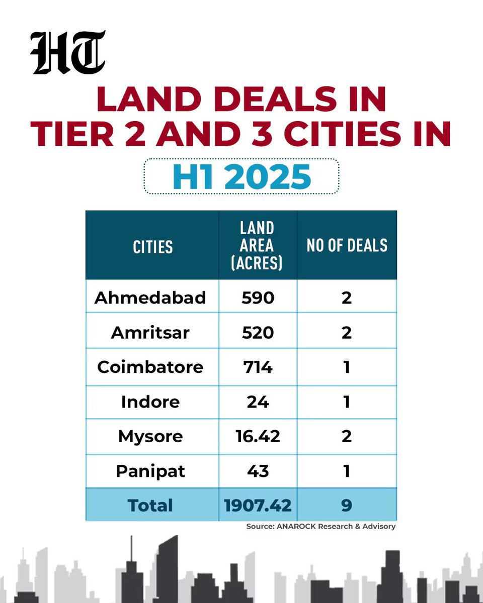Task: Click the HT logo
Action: tap(68, 52)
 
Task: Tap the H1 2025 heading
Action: tap(241, 177)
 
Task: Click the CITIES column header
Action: tap(152, 247)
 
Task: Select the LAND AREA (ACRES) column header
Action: tap(257, 246)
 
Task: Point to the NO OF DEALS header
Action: tap(347, 246)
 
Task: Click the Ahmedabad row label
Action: tap(150, 297)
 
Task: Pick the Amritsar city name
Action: tap(150, 332)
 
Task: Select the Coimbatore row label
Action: tap(150, 367)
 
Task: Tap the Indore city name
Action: tap(150, 401)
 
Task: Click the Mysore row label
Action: tap(150, 436)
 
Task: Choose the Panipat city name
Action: tap(150, 471)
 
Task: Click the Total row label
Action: tap(150, 505)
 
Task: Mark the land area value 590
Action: tap(258, 297)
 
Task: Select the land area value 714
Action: tap(258, 367)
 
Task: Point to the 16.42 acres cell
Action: tap(258, 436)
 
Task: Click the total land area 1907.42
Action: tap(258, 505)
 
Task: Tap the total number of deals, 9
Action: tap(347, 505)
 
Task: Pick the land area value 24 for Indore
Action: tap(258, 401)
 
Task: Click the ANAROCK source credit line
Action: tap(320, 527)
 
